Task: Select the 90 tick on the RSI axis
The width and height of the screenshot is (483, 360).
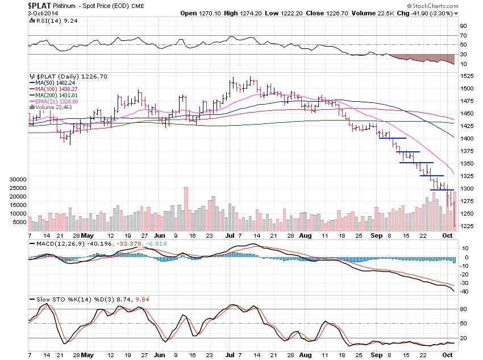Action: click(x=463, y=26)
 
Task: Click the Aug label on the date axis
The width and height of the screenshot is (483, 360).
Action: click(x=305, y=234)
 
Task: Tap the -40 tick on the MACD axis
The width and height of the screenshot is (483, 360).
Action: click(x=464, y=291)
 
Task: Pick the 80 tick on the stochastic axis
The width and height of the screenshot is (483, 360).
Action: click(x=463, y=309)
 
